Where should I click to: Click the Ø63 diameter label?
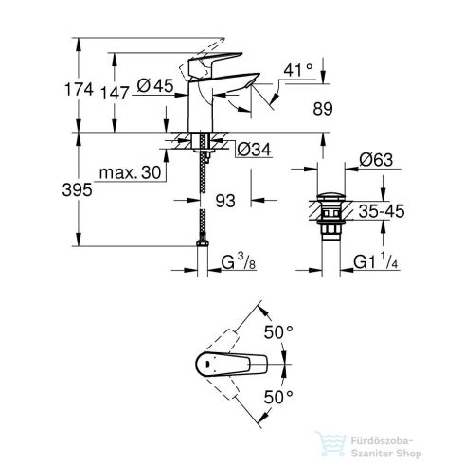tap(377, 161)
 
